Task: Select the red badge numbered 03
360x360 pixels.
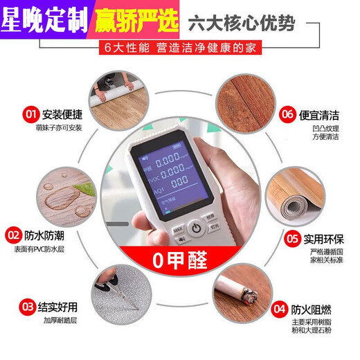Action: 28,305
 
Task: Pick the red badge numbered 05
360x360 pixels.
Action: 293,239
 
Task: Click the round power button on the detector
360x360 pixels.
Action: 197,227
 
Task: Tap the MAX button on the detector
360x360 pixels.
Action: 178,229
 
